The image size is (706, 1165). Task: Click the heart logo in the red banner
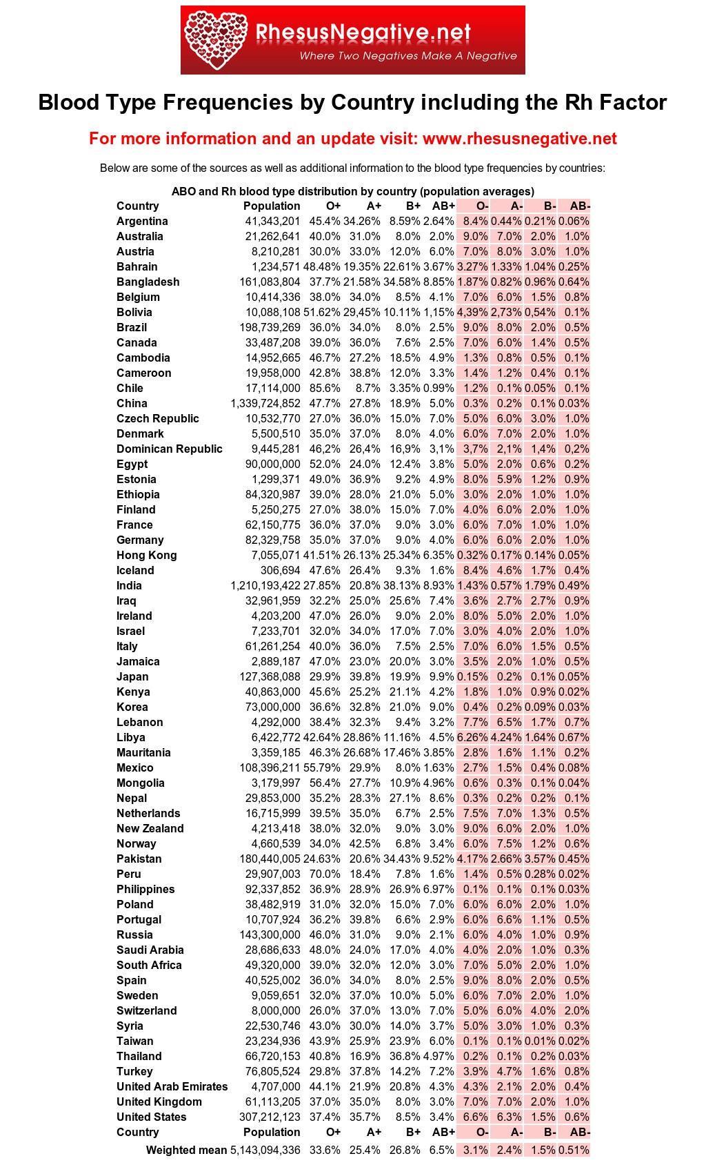216,40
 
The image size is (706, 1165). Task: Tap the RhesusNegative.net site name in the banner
363,32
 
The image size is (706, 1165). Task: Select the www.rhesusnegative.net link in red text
519,139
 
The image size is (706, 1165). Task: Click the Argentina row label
142,221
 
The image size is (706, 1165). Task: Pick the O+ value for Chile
325,388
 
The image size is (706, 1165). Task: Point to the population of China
265,403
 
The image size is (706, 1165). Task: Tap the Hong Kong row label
146,555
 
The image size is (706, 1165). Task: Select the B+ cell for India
402,585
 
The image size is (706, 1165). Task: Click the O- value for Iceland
475,570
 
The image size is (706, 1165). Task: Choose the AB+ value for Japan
441,676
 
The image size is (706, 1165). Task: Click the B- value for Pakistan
540,859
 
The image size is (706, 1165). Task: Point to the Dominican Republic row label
169,449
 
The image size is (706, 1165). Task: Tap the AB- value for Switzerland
577,1010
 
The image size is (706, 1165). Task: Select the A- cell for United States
509,1117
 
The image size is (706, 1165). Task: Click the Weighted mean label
186,1150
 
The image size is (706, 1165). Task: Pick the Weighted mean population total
265,1150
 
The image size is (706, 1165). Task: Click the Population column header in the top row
272,206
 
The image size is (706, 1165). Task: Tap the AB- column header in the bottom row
579,1132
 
